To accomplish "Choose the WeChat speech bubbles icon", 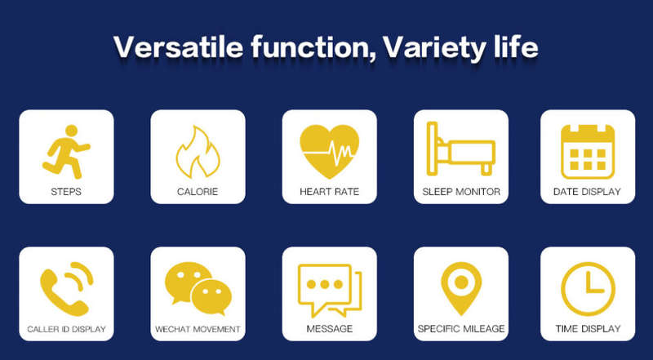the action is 198,288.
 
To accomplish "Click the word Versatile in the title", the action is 178,47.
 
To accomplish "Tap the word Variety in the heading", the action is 433,48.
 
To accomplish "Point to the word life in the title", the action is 515,47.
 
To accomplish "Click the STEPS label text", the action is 66,192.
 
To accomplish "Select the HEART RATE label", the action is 329,192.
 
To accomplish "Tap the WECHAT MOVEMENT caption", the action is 198,329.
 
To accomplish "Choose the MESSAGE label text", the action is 330,329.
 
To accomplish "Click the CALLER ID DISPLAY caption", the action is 67,329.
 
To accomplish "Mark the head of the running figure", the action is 71,131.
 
